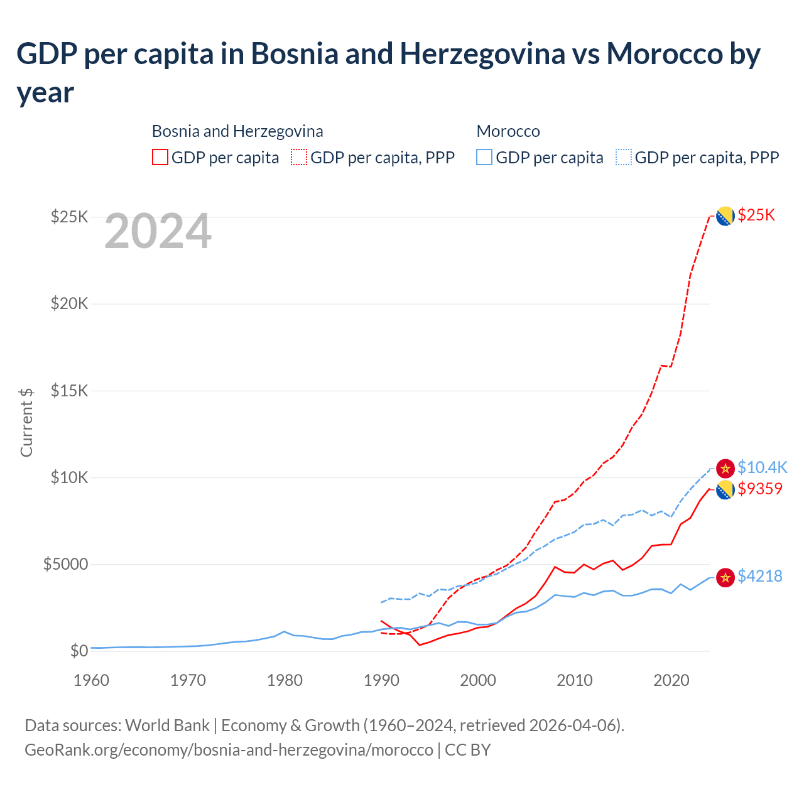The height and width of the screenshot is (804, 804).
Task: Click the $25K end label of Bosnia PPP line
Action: point(756,215)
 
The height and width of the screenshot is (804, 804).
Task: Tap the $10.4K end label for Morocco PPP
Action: point(762,467)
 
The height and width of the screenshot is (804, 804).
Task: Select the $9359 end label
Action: point(760,489)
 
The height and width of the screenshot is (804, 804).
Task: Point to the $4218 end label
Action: point(760,576)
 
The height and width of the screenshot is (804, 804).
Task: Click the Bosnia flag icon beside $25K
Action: point(725,216)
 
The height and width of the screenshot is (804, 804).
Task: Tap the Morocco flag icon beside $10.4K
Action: point(725,468)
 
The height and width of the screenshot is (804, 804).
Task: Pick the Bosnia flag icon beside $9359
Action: point(725,490)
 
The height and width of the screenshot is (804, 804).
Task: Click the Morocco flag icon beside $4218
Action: point(725,577)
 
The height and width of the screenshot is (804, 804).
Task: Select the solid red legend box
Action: point(160,157)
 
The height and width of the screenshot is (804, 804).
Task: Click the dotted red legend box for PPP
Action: point(299,157)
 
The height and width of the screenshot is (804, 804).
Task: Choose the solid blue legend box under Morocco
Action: point(484,157)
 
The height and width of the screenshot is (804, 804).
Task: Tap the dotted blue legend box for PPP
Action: point(624,157)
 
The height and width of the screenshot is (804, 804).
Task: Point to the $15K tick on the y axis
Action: point(70,391)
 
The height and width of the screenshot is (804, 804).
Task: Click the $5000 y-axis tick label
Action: point(65,564)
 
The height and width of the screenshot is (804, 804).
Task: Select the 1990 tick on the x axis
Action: point(381,680)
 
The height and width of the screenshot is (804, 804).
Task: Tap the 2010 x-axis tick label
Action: point(575,680)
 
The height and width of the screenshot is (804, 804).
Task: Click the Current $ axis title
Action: point(26,422)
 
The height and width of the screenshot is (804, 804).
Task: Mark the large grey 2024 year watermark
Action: point(158,232)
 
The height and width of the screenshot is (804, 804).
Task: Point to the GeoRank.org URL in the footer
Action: point(229,750)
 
